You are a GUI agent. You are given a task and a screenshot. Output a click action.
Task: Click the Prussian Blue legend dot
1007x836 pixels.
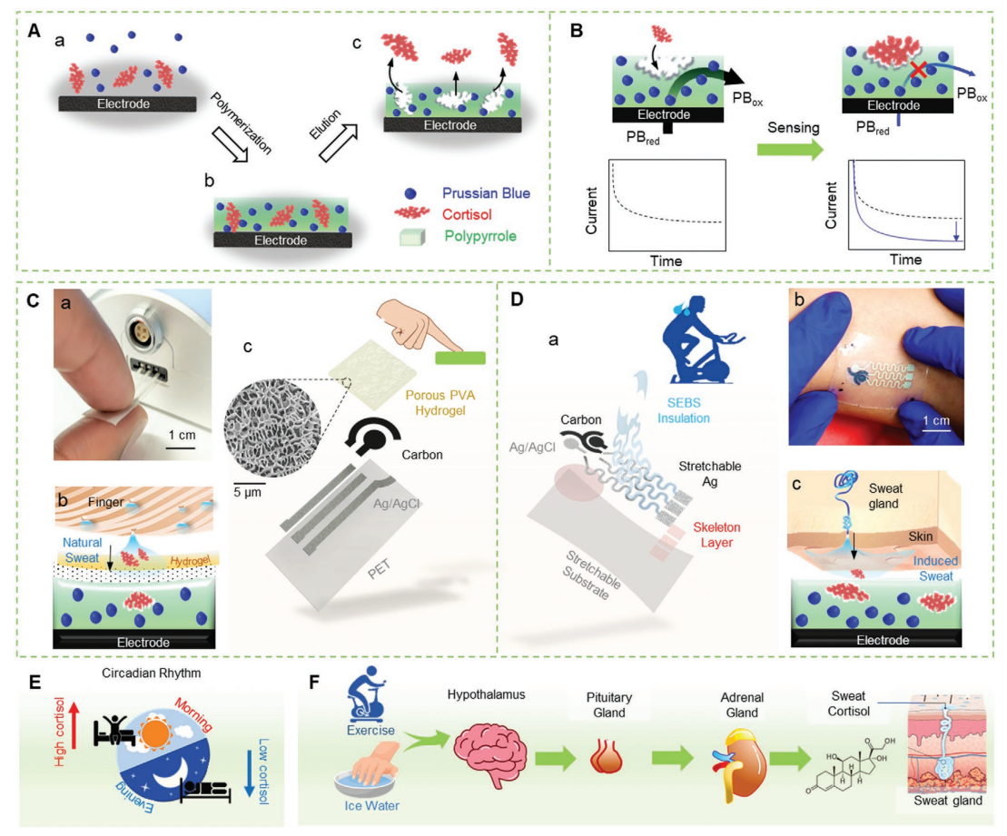(411, 192)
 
